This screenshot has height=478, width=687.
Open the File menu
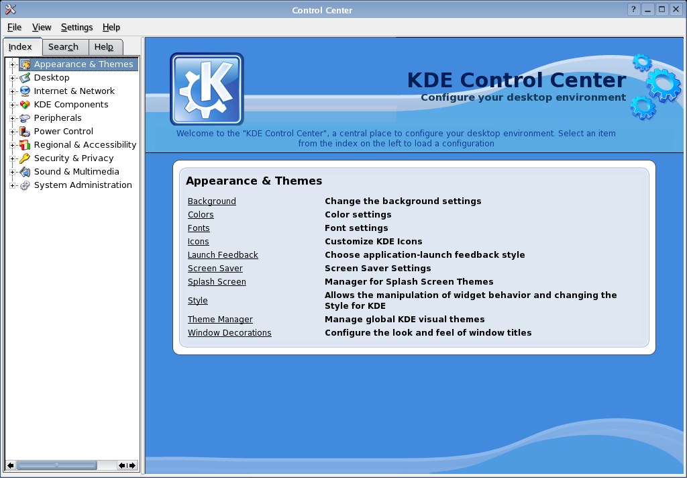point(15,27)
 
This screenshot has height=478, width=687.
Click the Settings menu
point(76,27)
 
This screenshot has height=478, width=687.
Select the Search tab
point(63,47)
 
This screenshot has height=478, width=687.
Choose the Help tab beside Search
point(104,47)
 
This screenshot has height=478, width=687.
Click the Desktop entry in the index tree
point(52,78)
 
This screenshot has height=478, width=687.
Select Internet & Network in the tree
point(74,91)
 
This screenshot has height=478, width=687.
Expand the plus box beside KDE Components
point(12,105)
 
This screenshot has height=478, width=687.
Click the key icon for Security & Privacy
point(25,158)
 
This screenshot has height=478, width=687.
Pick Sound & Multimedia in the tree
point(76,172)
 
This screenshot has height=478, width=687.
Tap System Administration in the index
point(83,185)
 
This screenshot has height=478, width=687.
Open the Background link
point(211,201)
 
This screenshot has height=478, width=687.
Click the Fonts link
point(199,228)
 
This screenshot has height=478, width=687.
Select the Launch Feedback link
point(223,255)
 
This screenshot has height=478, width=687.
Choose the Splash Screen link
point(217,281)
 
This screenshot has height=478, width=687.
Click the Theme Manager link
point(220,320)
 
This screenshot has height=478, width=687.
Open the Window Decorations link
point(229,333)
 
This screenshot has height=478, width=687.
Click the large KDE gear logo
point(207,89)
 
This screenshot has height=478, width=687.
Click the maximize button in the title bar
point(662,9)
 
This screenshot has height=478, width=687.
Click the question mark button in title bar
point(633,9)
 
